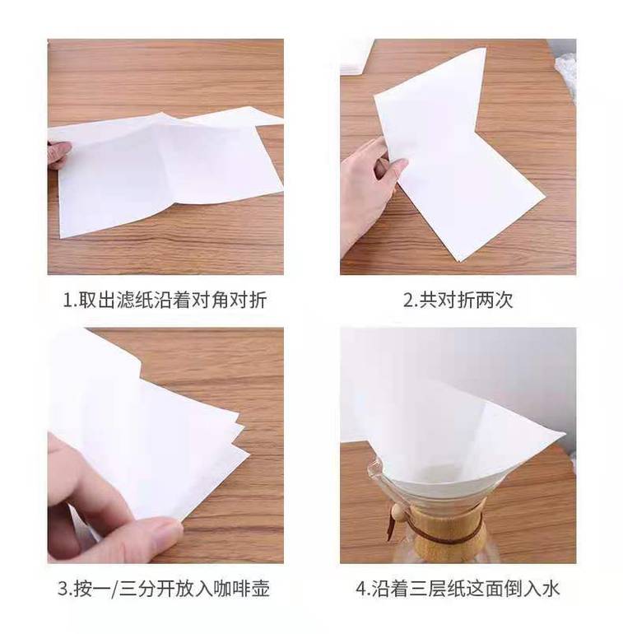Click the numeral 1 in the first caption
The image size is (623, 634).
coord(67,301)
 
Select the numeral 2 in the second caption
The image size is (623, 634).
coord(407,301)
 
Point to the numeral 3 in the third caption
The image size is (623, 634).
coord(62,589)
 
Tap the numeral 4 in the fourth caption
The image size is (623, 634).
coord(360,589)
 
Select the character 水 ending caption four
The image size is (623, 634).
coord(551,589)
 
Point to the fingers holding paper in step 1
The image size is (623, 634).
coord(58,154)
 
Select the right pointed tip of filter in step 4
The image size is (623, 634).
coord(565,433)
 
